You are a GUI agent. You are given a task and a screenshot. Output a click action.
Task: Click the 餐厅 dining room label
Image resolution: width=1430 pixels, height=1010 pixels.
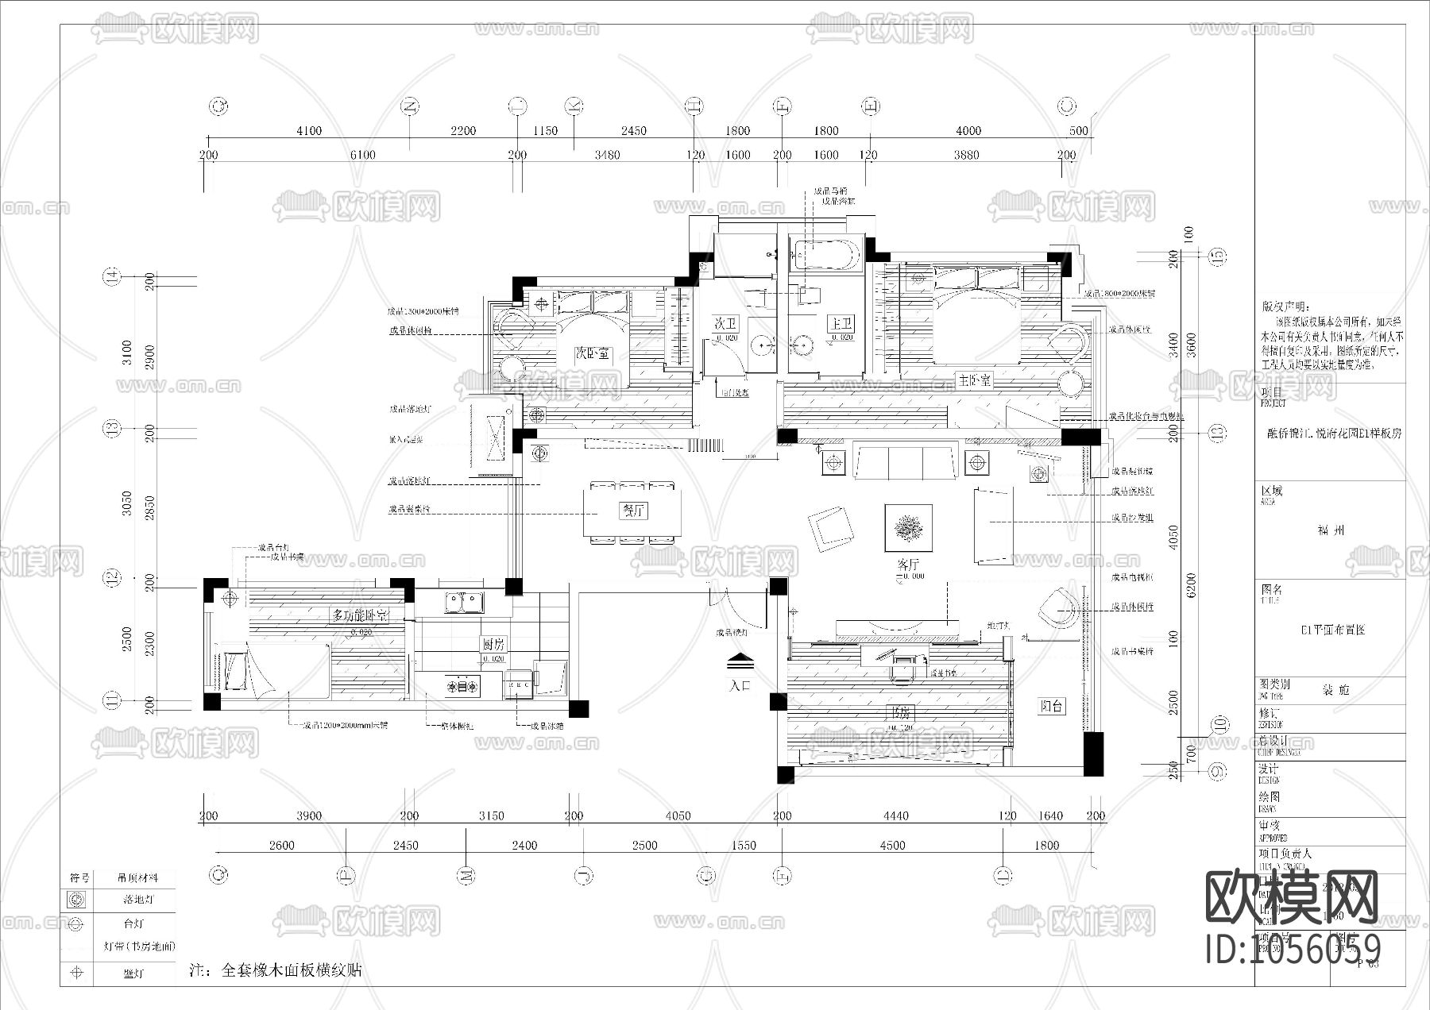[x=632, y=511]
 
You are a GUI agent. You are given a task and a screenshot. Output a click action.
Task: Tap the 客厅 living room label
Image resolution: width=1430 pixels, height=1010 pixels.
[x=908, y=563]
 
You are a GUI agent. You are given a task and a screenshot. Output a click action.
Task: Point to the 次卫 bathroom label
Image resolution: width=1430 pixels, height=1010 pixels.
[x=725, y=323]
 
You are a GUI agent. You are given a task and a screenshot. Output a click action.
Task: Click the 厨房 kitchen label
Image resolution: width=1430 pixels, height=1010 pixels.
[x=493, y=644]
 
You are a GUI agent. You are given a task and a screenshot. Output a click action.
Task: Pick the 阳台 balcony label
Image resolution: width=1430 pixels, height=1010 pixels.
[x=1052, y=706]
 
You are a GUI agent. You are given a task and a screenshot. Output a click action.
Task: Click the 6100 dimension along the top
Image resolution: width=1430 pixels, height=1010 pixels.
[x=362, y=155]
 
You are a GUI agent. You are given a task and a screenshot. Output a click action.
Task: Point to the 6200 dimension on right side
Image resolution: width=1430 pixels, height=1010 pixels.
[x=1189, y=586]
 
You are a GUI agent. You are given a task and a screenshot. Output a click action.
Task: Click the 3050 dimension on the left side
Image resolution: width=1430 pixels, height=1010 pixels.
[x=127, y=504]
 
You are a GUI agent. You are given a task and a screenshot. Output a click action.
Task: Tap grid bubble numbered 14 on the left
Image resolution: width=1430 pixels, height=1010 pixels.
[x=112, y=276]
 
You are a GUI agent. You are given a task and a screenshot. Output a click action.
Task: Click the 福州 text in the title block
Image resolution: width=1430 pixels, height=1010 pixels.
[x=1330, y=530]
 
